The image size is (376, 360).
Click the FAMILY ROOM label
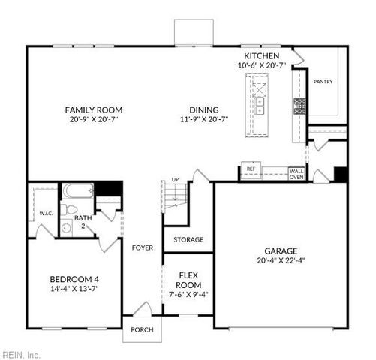tap(93, 109)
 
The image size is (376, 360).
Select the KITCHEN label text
tap(262, 56)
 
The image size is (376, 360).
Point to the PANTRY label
tap(323, 82)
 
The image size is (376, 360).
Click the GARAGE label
tap(280, 251)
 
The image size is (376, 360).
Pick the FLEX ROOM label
tap(188, 280)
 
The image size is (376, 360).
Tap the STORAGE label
tap(188, 240)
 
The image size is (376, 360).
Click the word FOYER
tap(143, 247)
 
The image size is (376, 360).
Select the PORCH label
tap(142, 330)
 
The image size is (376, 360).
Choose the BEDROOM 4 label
tap(74, 280)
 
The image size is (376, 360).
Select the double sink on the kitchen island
tap(260, 105)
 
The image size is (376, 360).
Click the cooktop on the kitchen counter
tap(299, 106)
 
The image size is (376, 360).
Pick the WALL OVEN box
tap(296, 174)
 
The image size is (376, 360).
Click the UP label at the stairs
tap(175, 180)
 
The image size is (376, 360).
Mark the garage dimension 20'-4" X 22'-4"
tap(280, 261)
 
